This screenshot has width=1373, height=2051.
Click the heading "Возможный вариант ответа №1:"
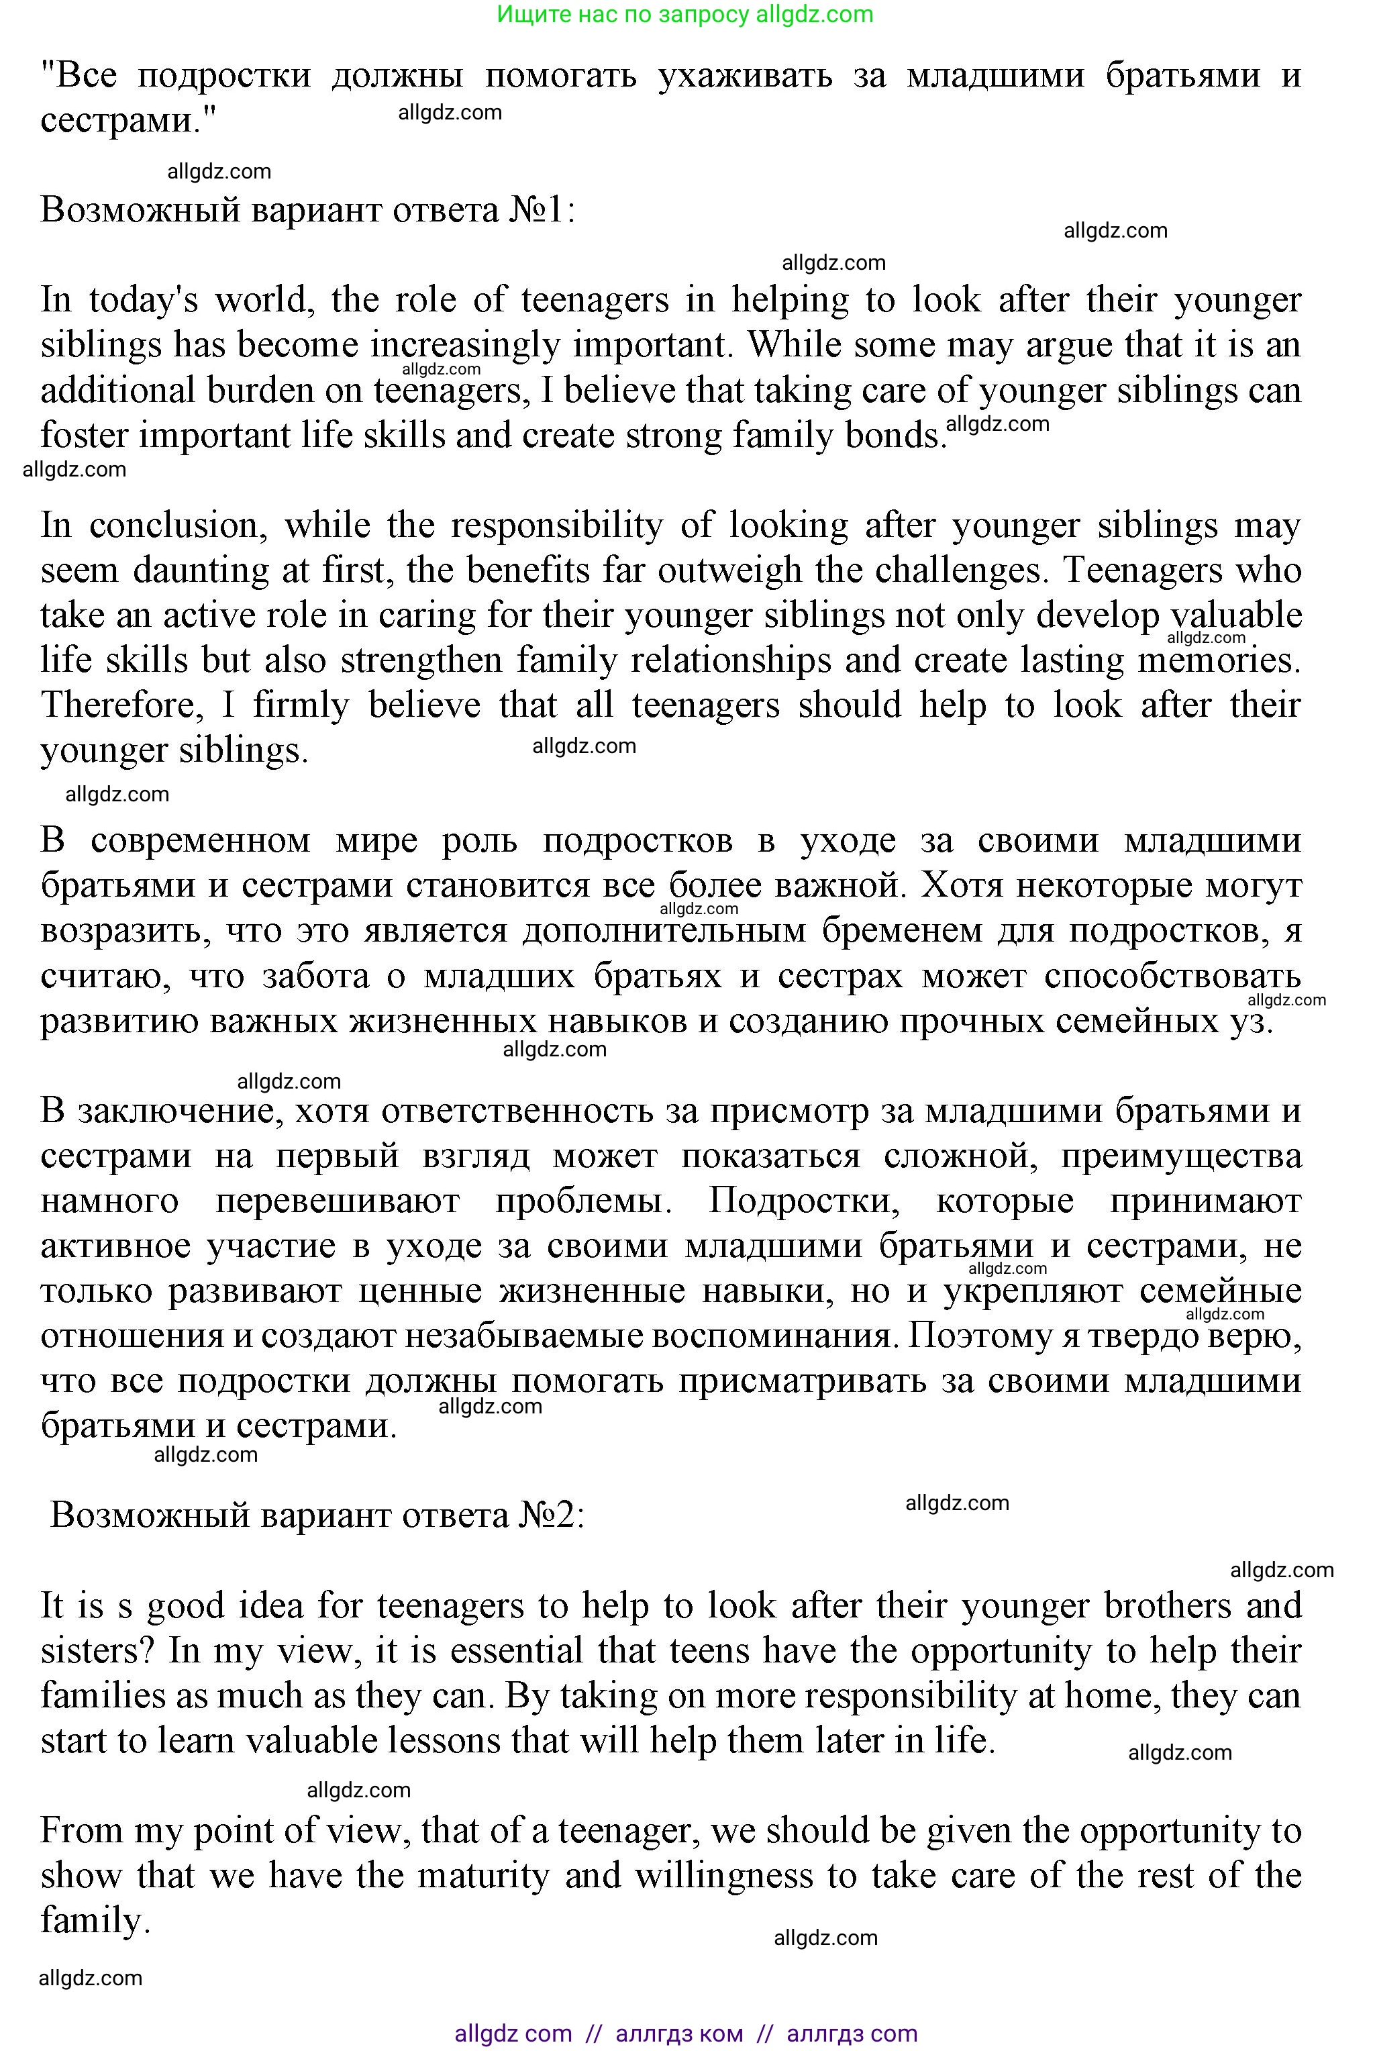point(308,211)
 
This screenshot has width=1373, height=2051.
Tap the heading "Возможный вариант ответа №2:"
point(317,1514)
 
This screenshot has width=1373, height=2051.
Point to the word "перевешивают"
point(337,1201)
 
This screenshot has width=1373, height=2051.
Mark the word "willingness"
point(742,1876)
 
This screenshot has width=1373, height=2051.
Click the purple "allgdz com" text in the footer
point(513,2034)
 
